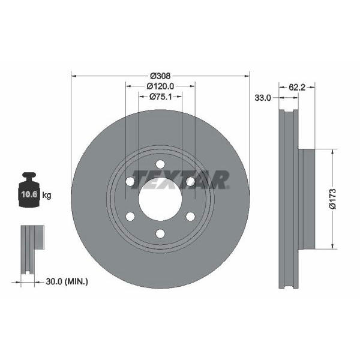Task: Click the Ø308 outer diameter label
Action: pyautogui.click(x=160, y=76)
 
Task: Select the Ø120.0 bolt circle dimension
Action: pyautogui.click(x=160, y=86)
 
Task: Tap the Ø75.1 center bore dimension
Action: pyautogui.click(x=160, y=97)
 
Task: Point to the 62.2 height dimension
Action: pyautogui.click(x=297, y=87)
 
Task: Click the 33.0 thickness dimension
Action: pyautogui.click(x=263, y=98)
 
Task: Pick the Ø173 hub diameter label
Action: pyautogui.click(x=332, y=199)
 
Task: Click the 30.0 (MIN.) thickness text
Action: pyautogui.click(x=67, y=281)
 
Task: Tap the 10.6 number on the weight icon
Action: pyautogui.click(x=29, y=194)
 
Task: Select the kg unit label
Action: pyautogui.click(x=47, y=196)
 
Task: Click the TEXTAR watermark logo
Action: pyautogui.click(x=180, y=179)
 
